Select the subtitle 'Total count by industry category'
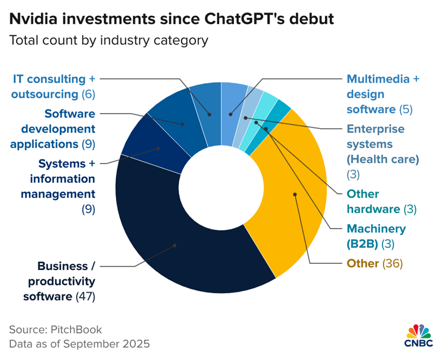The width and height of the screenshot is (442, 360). click(108, 41)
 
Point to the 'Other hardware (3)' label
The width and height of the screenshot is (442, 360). click(381, 202)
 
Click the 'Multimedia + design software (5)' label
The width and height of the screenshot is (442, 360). click(382, 93)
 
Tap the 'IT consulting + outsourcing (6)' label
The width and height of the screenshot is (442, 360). click(53, 87)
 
